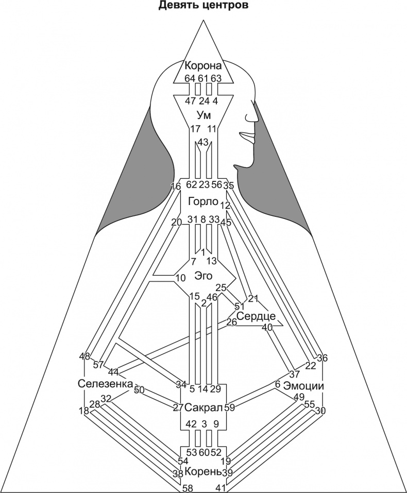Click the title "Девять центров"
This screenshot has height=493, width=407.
pos(203,6)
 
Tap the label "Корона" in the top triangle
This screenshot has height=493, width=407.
pos(203,66)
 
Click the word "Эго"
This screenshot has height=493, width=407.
pos(203,275)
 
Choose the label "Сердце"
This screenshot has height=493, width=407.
pos(256,316)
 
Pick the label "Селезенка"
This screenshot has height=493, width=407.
pos(105,384)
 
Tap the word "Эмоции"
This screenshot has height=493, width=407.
pos(303,386)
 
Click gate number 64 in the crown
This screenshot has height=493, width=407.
pos(190,78)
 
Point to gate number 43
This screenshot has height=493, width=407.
pos(203,142)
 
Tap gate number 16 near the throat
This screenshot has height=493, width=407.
pos(176,186)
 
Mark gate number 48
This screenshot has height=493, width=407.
pos(85,356)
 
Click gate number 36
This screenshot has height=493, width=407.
pos(322,358)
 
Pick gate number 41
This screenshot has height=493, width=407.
pos(221,488)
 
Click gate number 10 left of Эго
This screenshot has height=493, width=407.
pos(180,278)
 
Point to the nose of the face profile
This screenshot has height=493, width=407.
pos(254,116)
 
